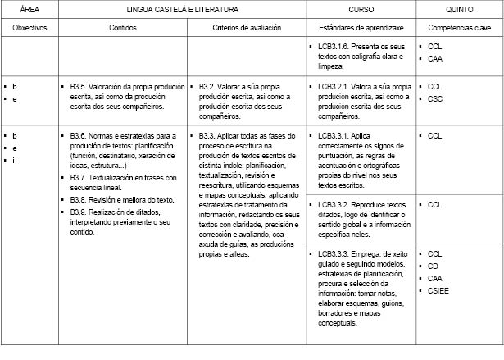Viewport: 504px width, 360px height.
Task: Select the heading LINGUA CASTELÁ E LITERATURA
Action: click(182, 9)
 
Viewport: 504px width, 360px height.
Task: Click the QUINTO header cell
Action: click(458, 9)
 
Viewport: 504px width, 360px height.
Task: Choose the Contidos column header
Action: click(123, 27)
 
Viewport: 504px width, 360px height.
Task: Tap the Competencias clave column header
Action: click(458, 27)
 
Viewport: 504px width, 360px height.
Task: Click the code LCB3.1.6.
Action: click(334, 47)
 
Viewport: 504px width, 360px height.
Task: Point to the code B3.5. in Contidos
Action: click(81, 86)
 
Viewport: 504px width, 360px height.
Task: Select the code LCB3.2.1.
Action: click(334, 86)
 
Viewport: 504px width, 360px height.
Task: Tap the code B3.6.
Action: click(81, 134)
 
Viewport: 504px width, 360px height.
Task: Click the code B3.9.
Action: click(81, 212)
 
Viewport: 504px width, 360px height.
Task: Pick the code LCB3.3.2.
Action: click(334, 205)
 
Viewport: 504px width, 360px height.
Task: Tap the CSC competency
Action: click(434, 98)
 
